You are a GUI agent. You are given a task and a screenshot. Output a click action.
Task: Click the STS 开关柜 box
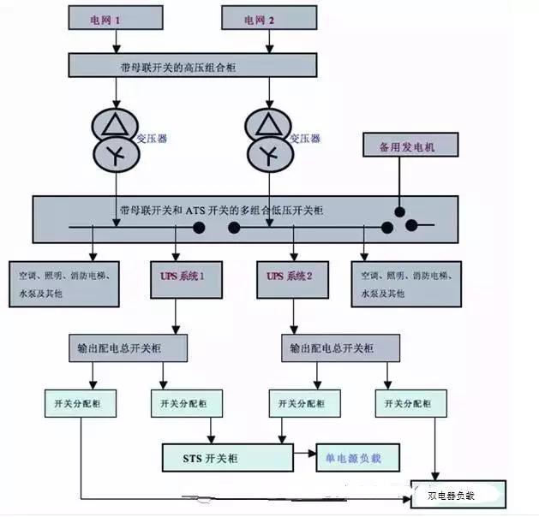coord(226,458)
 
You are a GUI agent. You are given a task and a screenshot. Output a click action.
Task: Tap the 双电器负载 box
coord(458,494)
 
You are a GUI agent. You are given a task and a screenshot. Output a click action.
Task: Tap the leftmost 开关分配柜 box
coord(81,402)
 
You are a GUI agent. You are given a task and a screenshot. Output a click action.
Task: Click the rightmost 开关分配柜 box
coord(410,402)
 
